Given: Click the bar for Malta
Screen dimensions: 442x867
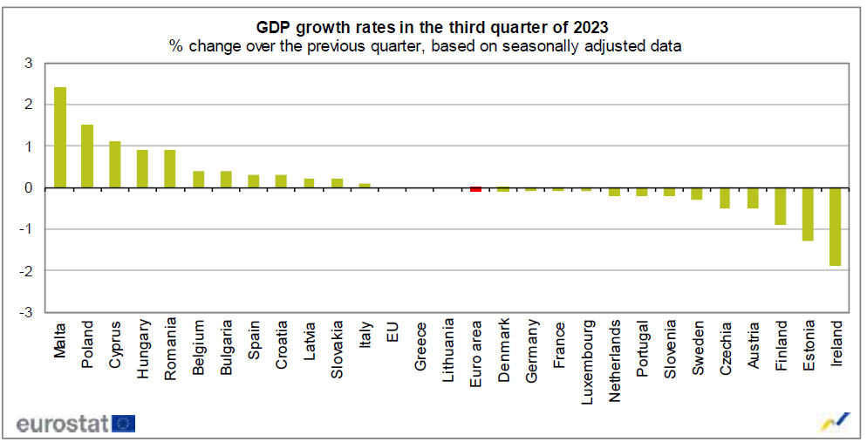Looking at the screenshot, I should point(60,138).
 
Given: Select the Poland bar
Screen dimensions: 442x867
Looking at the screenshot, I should point(87,156).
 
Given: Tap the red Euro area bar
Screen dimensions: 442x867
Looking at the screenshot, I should point(475,189).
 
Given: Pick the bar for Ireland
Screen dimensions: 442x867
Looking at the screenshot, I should point(836,227).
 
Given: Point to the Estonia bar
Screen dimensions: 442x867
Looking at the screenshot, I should point(808,214).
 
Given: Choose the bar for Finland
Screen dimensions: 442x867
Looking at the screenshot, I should point(781,206).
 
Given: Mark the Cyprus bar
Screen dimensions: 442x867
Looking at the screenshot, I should point(115,165).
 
